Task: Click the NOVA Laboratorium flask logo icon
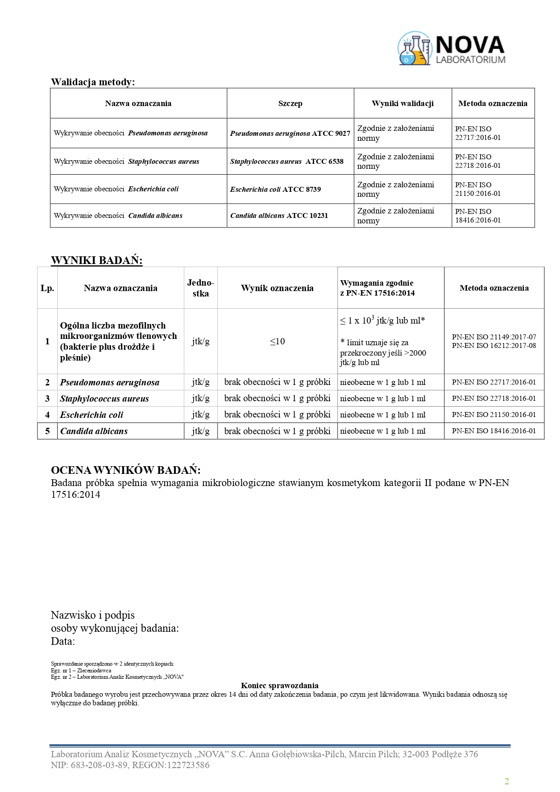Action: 414,49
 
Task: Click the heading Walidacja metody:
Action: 93,82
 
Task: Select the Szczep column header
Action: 290,103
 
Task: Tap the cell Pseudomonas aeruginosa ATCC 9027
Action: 290,133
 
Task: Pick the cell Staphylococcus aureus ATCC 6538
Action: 287,161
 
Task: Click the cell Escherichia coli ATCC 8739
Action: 275,189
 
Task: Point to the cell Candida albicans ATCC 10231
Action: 279,215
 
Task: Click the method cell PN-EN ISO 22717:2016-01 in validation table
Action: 477,133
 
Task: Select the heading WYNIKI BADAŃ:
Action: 97,260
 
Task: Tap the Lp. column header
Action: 47,288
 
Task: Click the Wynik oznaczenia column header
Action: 277,288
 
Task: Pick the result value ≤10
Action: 277,341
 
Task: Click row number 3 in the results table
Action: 47,398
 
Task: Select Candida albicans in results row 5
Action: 94,431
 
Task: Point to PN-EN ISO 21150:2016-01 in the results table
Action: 494,415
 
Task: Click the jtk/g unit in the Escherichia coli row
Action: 200,415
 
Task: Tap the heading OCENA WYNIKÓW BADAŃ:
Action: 126,470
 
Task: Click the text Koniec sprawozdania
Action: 280,685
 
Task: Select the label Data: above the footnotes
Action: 63,641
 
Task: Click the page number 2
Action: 507,782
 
